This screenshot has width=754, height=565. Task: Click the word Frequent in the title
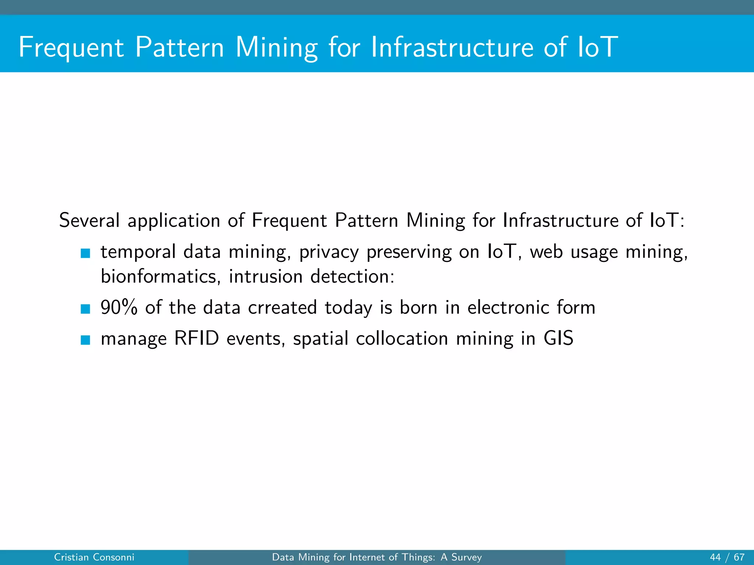point(71,48)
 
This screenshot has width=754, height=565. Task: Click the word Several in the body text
point(89,221)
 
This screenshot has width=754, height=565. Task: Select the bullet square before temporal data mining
point(85,253)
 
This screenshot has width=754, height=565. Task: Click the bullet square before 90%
point(85,309)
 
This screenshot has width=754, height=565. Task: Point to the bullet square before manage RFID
point(85,340)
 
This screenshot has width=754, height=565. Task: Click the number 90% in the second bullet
point(119,308)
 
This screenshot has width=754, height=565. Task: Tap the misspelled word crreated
point(282,308)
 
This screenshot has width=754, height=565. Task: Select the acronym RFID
point(197,338)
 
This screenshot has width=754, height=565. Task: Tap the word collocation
point(402,338)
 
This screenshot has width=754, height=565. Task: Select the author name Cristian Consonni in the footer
point(94,557)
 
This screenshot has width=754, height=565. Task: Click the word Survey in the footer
point(466,557)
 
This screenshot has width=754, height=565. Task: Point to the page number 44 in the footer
point(715,557)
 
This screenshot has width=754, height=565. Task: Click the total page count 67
point(739,557)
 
